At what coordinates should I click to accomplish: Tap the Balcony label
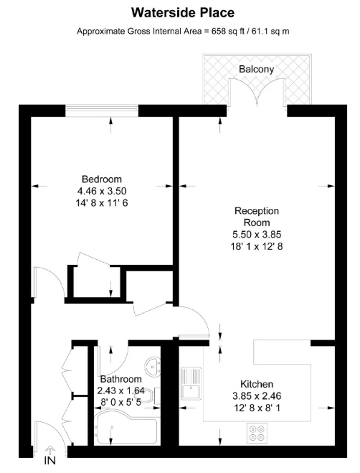coord(257,69)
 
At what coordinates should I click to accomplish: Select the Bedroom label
coord(101,179)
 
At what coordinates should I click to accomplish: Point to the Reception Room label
coord(256,217)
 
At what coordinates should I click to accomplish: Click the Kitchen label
coord(256,385)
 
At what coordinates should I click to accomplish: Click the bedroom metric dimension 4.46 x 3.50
coord(101,191)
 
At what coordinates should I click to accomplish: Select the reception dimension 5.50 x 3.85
coord(256,235)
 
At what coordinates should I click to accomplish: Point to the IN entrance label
coord(49,460)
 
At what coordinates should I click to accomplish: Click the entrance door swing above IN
coord(49,445)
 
